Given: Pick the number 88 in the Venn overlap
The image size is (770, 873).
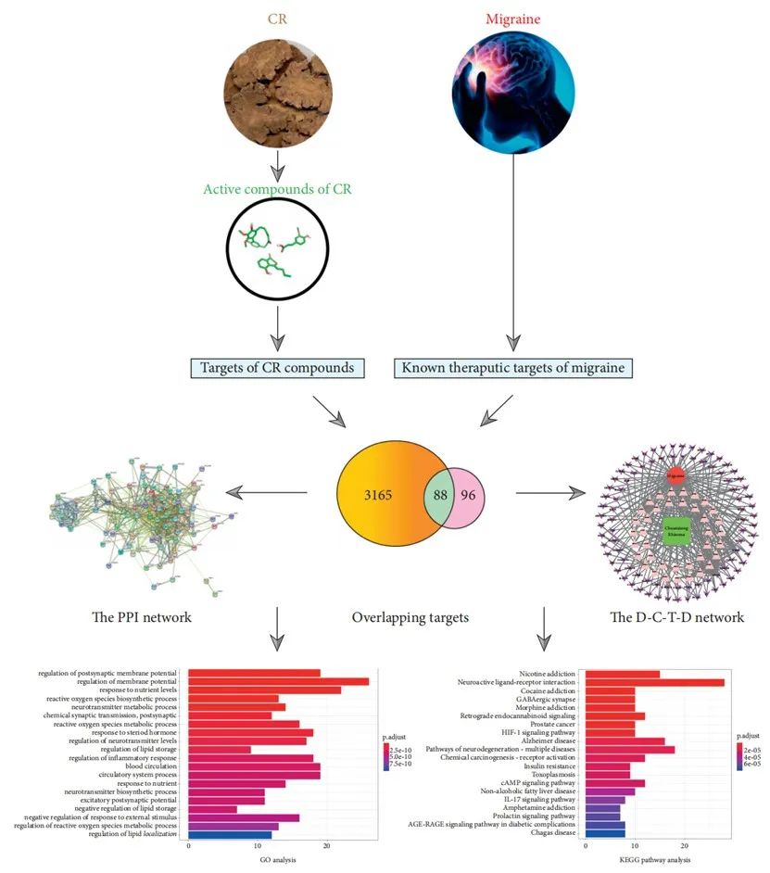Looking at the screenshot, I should pos(441,495).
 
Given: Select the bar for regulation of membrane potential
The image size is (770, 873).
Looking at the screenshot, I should pos(278,681).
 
